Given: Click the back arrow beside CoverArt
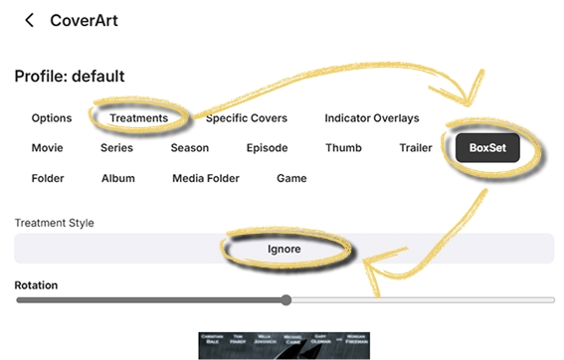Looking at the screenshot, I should tap(30, 20).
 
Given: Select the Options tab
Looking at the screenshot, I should tap(52, 118).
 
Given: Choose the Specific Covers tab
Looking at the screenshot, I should tap(247, 118).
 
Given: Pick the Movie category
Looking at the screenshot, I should tap(48, 148).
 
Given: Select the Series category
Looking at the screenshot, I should tap(116, 148).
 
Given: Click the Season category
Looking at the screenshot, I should tap(189, 148).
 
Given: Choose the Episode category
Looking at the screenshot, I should tap(267, 148).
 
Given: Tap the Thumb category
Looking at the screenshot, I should tap(343, 148).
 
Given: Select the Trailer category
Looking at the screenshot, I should tap(416, 148).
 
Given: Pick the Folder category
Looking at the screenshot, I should tap(48, 179).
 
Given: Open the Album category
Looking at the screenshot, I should tap(118, 179).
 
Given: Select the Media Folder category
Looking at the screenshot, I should tap(207, 179).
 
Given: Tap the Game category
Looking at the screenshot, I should tap(291, 179).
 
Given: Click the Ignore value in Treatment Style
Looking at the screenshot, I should tap(283, 248).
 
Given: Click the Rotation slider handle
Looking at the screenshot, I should tap(286, 299).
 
